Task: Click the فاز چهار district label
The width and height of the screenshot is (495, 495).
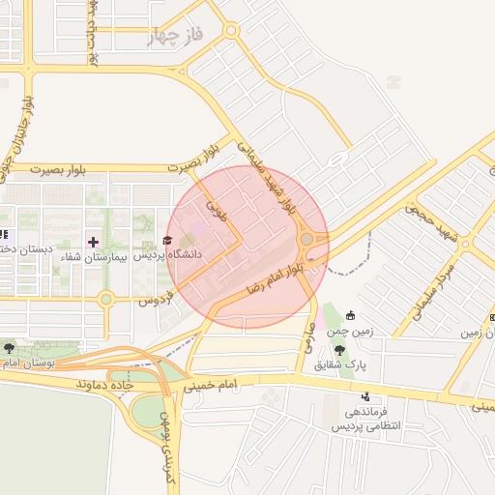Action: [178, 38]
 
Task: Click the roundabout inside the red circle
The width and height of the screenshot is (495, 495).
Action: [306, 239]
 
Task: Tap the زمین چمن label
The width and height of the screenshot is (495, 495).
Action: [349, 331]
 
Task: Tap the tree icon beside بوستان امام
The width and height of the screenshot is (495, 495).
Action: [9, 347]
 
